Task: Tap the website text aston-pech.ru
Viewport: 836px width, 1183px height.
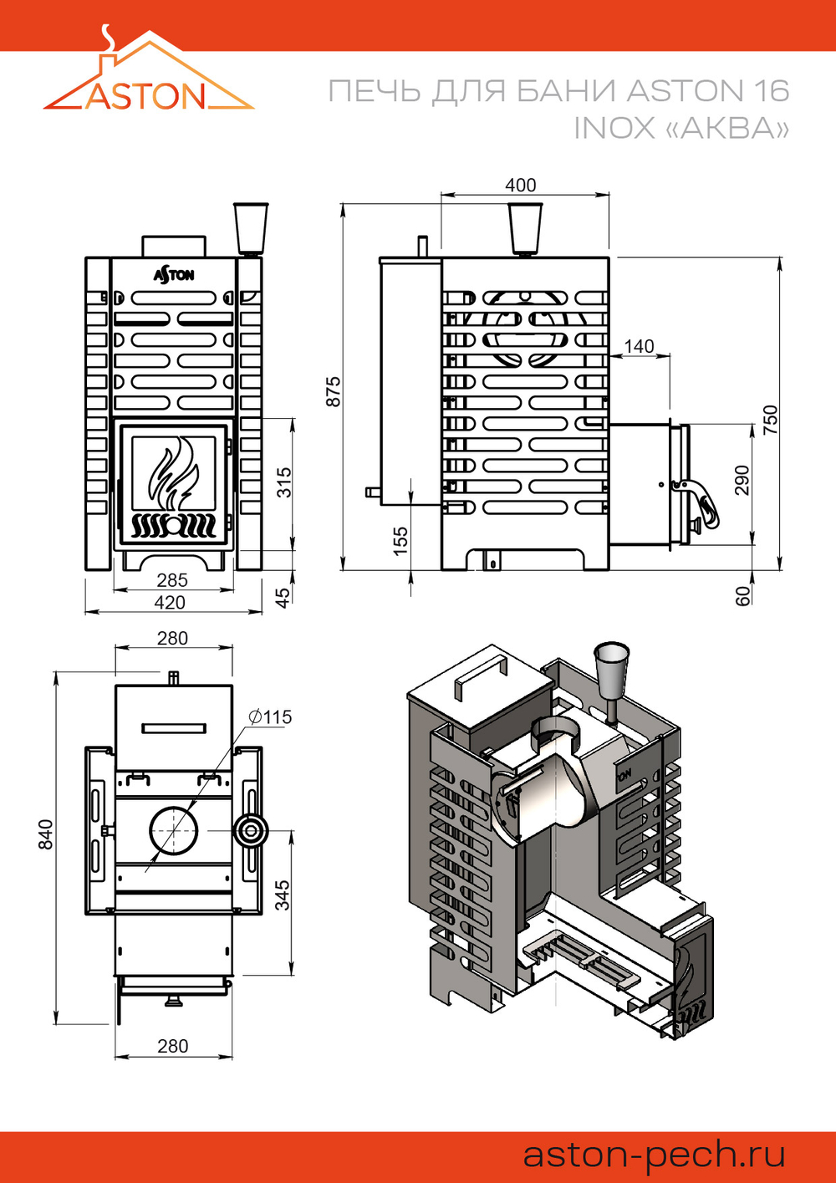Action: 654,1155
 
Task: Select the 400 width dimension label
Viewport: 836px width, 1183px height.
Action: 520,185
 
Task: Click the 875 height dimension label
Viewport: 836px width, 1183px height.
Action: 334,391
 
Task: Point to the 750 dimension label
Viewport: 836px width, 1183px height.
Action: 770,418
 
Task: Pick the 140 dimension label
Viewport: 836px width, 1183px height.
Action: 639,346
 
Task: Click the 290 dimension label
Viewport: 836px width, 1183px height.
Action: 742,480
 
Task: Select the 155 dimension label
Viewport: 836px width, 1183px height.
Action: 400,537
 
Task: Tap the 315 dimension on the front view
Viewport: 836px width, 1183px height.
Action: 284,482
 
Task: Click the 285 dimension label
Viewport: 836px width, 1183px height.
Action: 172,579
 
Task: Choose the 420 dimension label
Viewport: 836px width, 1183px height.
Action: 170,602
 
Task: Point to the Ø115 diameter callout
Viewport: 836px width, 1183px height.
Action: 270,716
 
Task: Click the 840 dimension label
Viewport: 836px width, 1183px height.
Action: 45,834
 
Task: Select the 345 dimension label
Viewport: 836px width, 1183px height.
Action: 283,895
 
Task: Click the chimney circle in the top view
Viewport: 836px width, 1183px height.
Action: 175,831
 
